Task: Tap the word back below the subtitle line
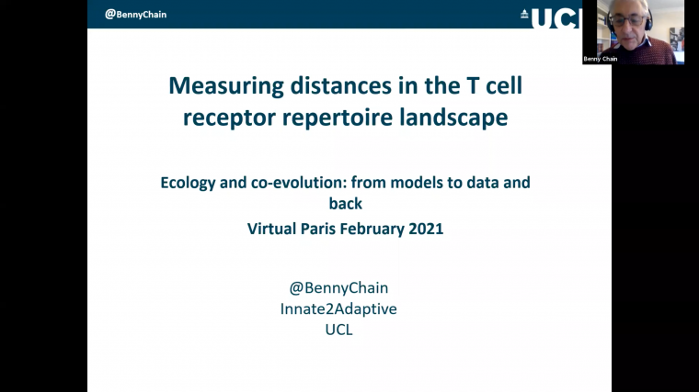346,204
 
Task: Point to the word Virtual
274,229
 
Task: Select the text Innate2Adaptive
338,308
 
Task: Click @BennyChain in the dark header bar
135,15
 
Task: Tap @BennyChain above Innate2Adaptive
338,287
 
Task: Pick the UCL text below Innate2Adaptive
338,330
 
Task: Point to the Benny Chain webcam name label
600,59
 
